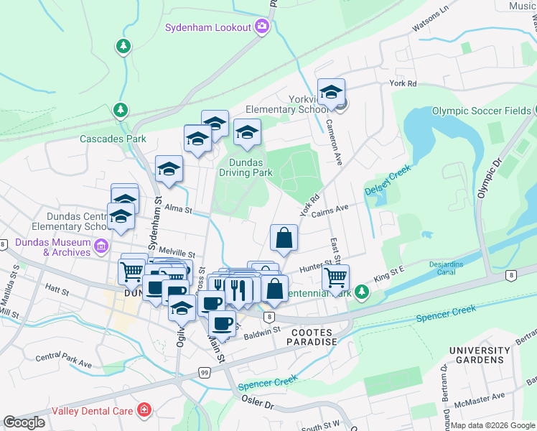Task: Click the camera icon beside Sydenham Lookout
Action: click(x=262, y=27)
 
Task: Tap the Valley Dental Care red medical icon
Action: click(x=144, y=411)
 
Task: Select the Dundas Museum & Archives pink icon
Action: click(x=101, y=246)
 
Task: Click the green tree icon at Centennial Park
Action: click(x=363, y=291)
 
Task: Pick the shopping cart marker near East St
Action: click(x=335, y=277)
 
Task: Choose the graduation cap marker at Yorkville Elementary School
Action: click(x=331, y=92)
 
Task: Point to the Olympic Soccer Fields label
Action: click(x=481, y=111)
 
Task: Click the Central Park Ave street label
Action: click(x=64, y=361)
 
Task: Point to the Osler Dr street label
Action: click(x=258, y=405)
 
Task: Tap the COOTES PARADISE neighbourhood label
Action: click(x=314, y=337)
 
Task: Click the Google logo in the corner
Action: click(x=24, y=422)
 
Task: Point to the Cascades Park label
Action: click(x=113, y=139)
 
